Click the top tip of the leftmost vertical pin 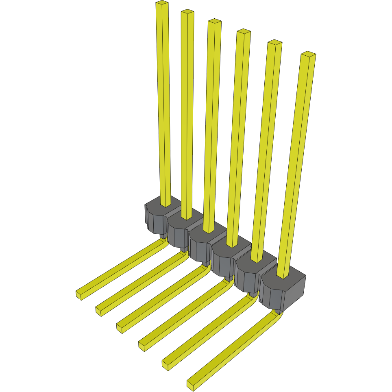(x=162, y=3)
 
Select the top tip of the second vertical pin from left (x=187, y=12)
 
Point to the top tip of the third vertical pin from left (x=214, y=22)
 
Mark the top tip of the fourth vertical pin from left (x=243, y=31)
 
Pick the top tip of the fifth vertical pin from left (x=275, y=42)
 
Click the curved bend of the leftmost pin (x=164, y=241)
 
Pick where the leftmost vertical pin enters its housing (x=166, y=205)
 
